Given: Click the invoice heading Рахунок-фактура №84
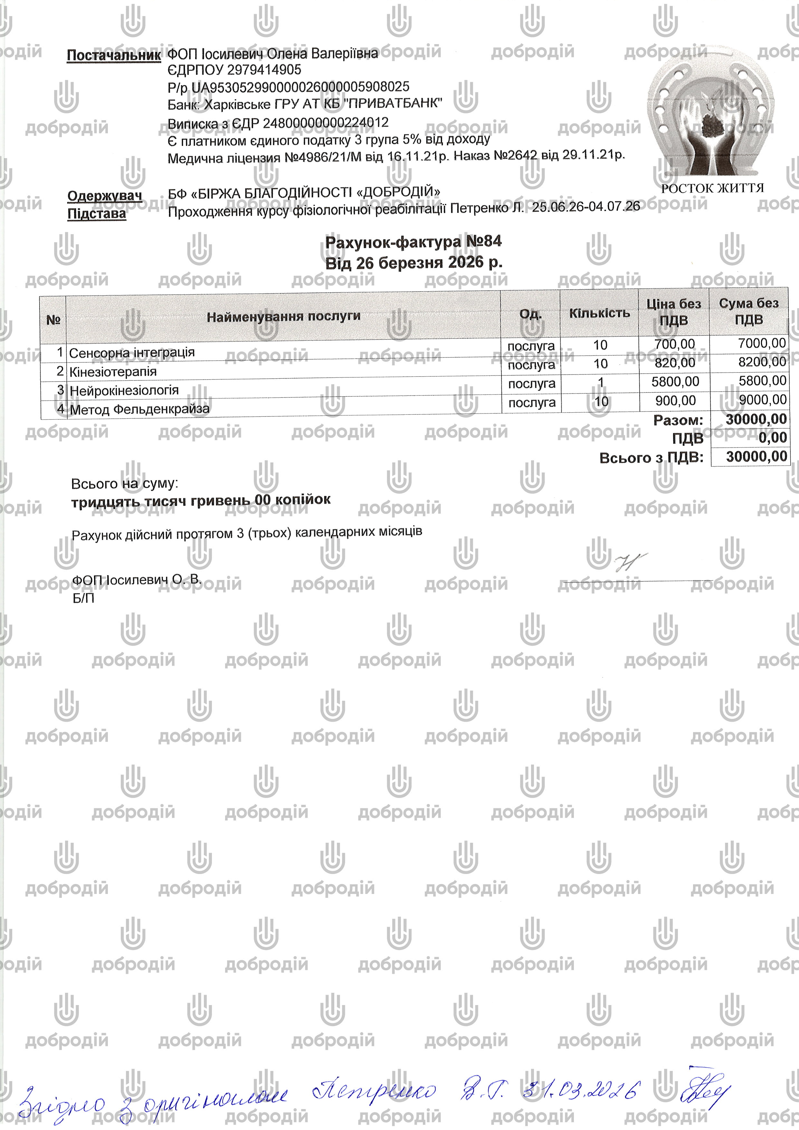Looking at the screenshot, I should pyautogui.click(x=414, y=242).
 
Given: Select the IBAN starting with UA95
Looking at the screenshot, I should pyautogui.click(x=300, y=87).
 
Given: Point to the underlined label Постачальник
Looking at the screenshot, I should pyautogui.click(x=114, y=55).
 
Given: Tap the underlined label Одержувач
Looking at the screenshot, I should pyautogui.click(x=104, y=196).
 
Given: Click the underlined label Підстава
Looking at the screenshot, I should pyautogui.click(x=97, y=214).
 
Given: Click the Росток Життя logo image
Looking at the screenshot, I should pyautogui.click(x=711, y=116).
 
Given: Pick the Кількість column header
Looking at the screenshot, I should pyautogui.click(x=599, y=313).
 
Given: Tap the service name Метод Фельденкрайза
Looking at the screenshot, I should pyautogui.click(x=140, y=409).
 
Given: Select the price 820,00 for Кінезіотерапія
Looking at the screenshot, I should pyautogui.click(x=675, y=363).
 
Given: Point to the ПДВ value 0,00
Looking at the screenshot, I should pyautogui.click(x=772, y=438).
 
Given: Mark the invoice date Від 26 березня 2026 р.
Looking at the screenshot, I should pyautogui.click(x=414, y=263).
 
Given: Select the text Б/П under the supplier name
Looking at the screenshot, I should pyautogui.click(x=83, y=598).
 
